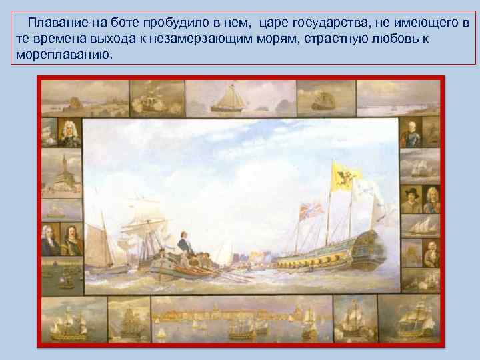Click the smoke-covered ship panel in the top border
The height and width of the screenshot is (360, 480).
tap(155, 98)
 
